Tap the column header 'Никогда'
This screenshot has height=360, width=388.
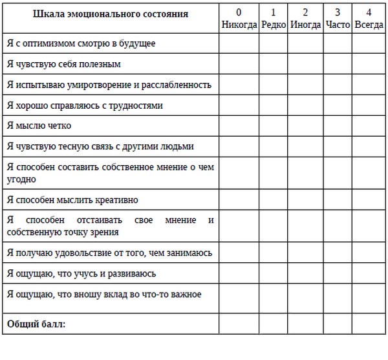point(239,25)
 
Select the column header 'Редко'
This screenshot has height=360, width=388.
point(274,25)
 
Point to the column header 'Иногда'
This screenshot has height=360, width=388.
point(305,25)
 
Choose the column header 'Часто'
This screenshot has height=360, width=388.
point(337,25)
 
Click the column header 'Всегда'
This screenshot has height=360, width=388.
point(369,25)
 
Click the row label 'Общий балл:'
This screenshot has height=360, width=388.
point(37,323)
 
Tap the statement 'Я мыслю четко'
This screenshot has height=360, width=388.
point(39,126)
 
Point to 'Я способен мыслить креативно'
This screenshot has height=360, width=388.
point(72,200)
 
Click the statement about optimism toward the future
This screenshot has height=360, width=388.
point(81,44)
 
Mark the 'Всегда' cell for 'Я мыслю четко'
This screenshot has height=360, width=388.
point(369,126)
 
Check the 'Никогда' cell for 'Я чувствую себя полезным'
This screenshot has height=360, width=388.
point(239,65)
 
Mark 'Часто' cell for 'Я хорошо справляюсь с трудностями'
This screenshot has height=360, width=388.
point(337,106)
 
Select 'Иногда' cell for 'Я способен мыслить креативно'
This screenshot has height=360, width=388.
point(305,200)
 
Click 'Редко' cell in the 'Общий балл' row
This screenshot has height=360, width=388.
point(274,323)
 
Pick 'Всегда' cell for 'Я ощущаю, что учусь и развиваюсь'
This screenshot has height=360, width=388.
point(369,273)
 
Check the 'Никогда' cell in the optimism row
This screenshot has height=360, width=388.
point(239,44)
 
